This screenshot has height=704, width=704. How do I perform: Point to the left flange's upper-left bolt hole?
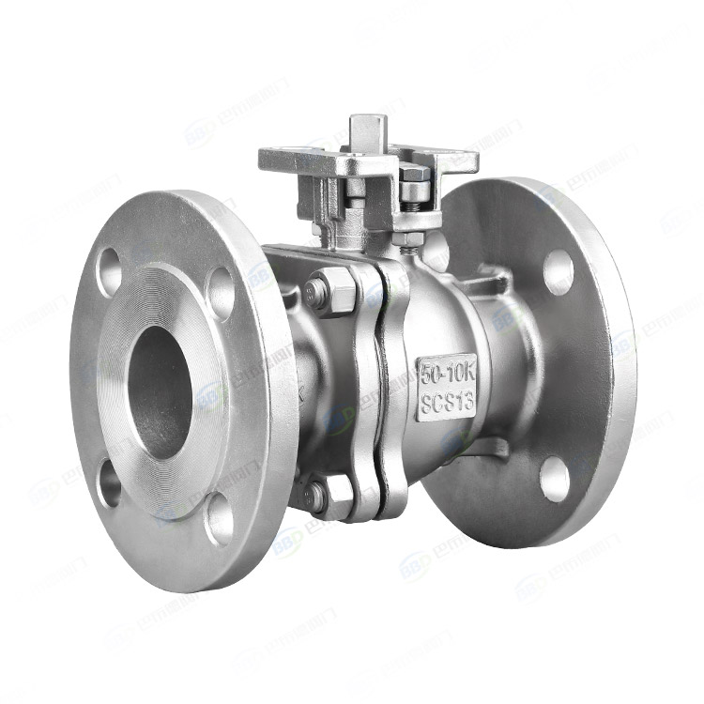point(109,267)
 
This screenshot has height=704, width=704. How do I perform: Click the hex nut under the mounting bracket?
point(406,238)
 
